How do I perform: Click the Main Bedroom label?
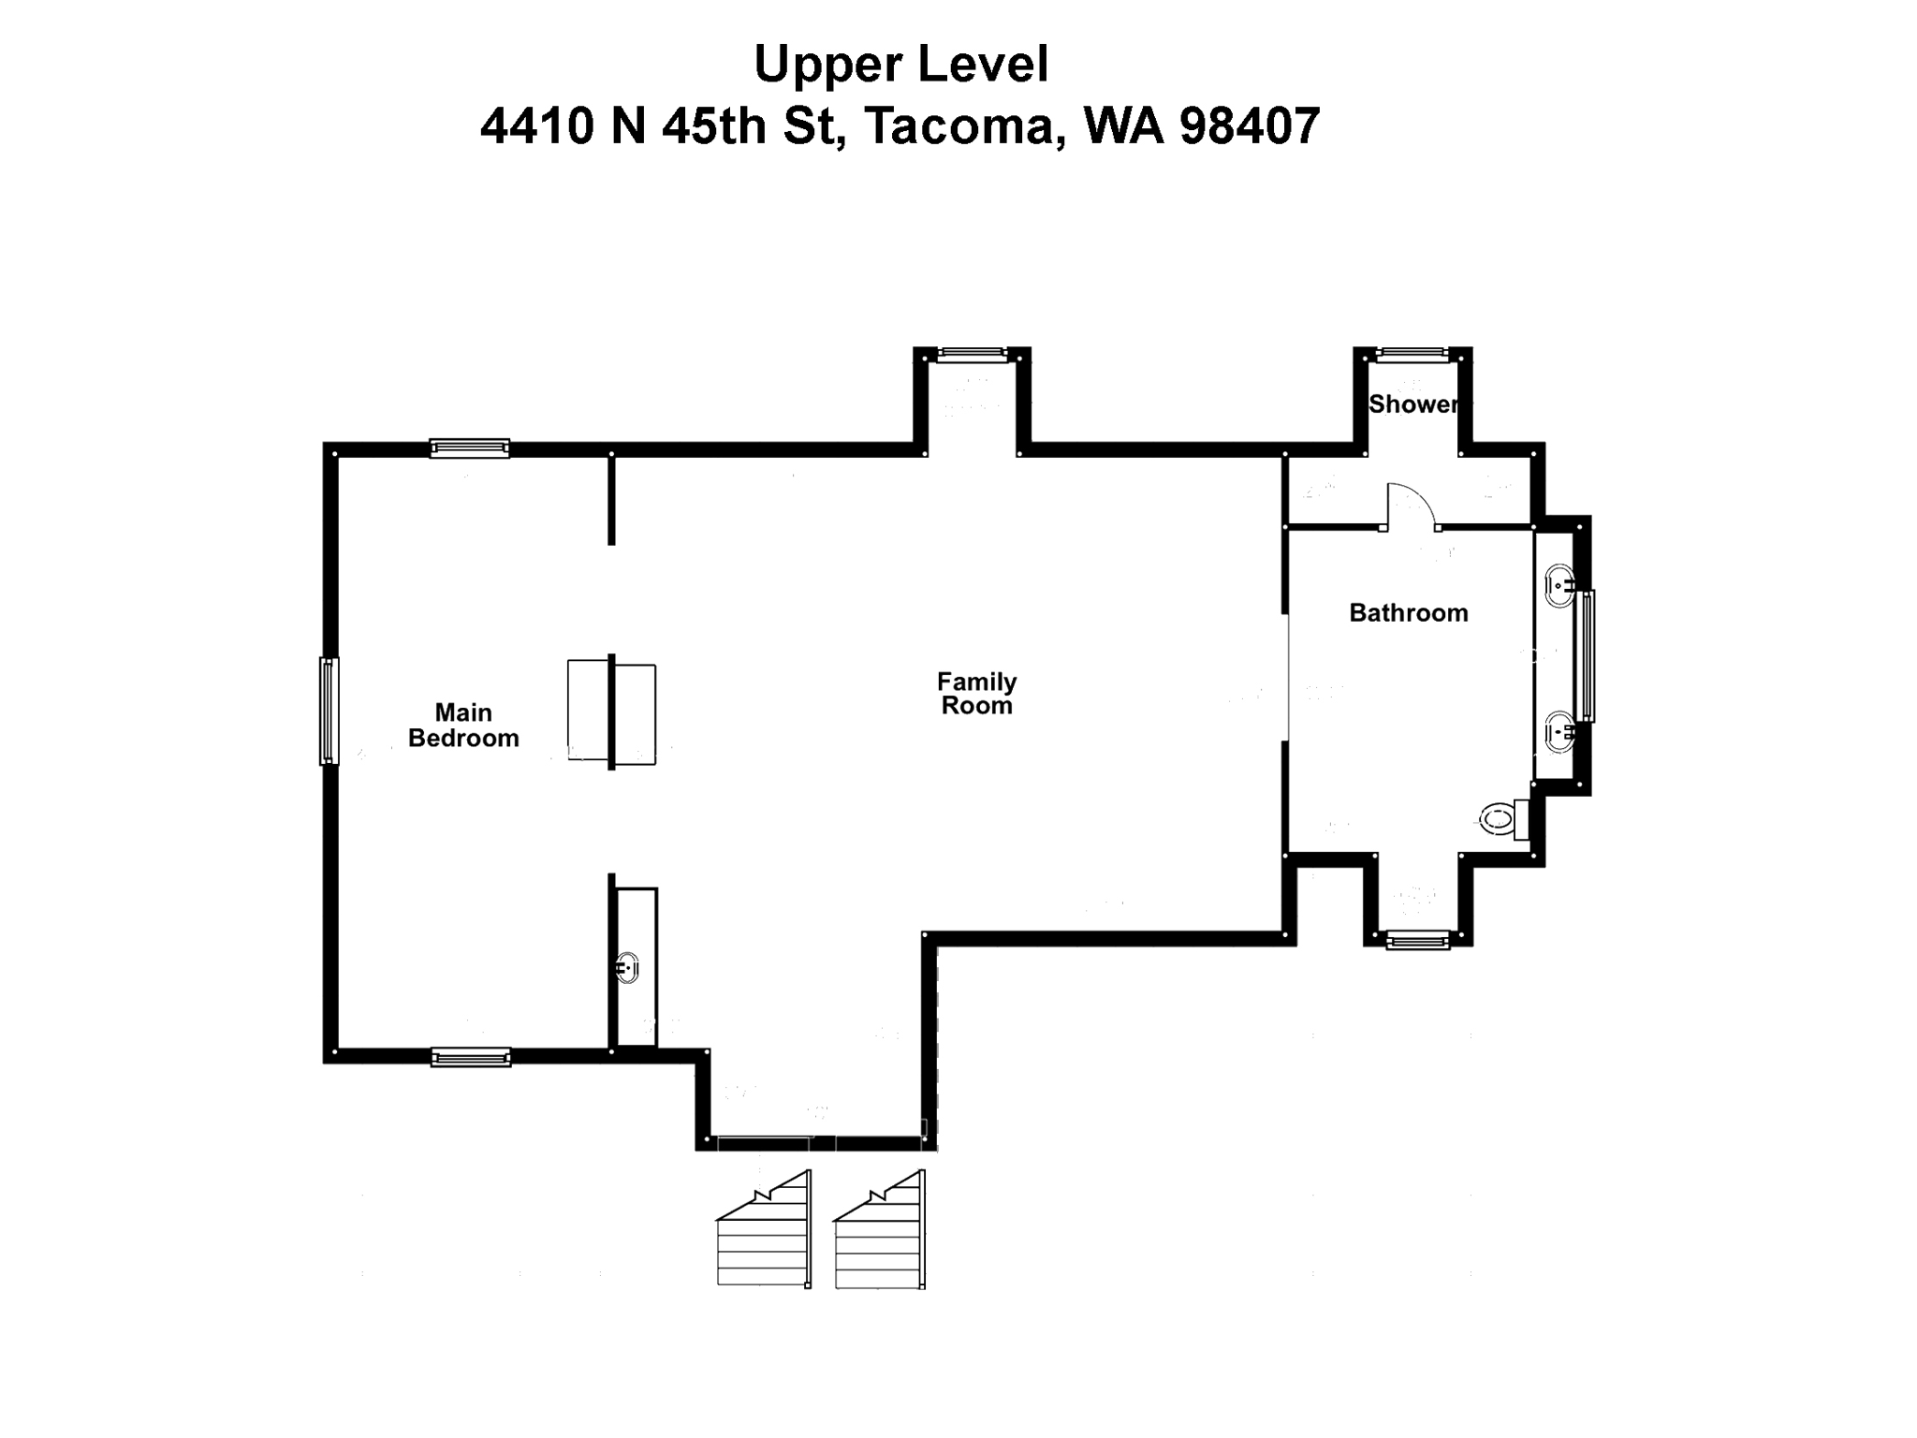(x=463, y=726)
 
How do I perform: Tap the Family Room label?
(x=976, y=694)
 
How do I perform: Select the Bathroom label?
(x=1408, y=613)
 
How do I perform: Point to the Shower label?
(x=1413, y=404)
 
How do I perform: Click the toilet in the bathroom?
(x=1503, y=821)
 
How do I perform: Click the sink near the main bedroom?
(x=627, y=967)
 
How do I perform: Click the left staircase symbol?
(x=763, y=1231)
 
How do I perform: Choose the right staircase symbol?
(x=880, y=1231)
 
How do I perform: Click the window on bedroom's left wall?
(x=329, y=711)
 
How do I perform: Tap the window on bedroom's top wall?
(x=470, y=448)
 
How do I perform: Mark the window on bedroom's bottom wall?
(x=471, y=1058)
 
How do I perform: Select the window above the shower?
(x=1412, y=355)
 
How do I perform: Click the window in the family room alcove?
(x=973, y=355)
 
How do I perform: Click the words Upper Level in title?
(x=900, y=65)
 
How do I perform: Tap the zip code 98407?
(x=1250, y=125)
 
